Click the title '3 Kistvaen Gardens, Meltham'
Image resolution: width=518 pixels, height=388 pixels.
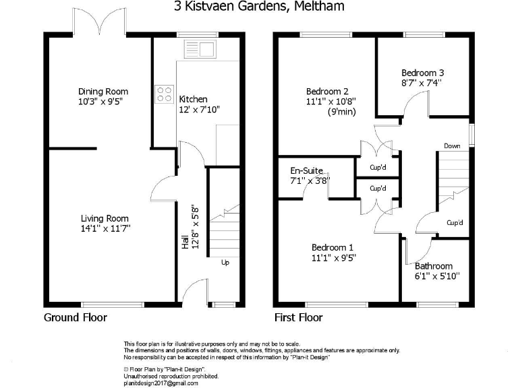259,7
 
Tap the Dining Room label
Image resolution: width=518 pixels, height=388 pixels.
103,92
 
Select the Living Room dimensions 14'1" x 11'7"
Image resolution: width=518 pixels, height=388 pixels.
105,229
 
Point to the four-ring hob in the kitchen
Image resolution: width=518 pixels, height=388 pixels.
163,93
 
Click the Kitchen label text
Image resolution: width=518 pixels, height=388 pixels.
193,99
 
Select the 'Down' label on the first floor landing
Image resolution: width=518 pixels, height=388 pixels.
452,145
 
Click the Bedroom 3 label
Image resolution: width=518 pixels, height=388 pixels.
422,73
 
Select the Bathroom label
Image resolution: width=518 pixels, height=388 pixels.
434,266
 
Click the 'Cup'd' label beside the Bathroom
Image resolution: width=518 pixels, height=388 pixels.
454,223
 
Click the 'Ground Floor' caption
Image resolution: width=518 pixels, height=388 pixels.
76,317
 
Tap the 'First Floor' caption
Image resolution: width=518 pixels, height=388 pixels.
298,317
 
